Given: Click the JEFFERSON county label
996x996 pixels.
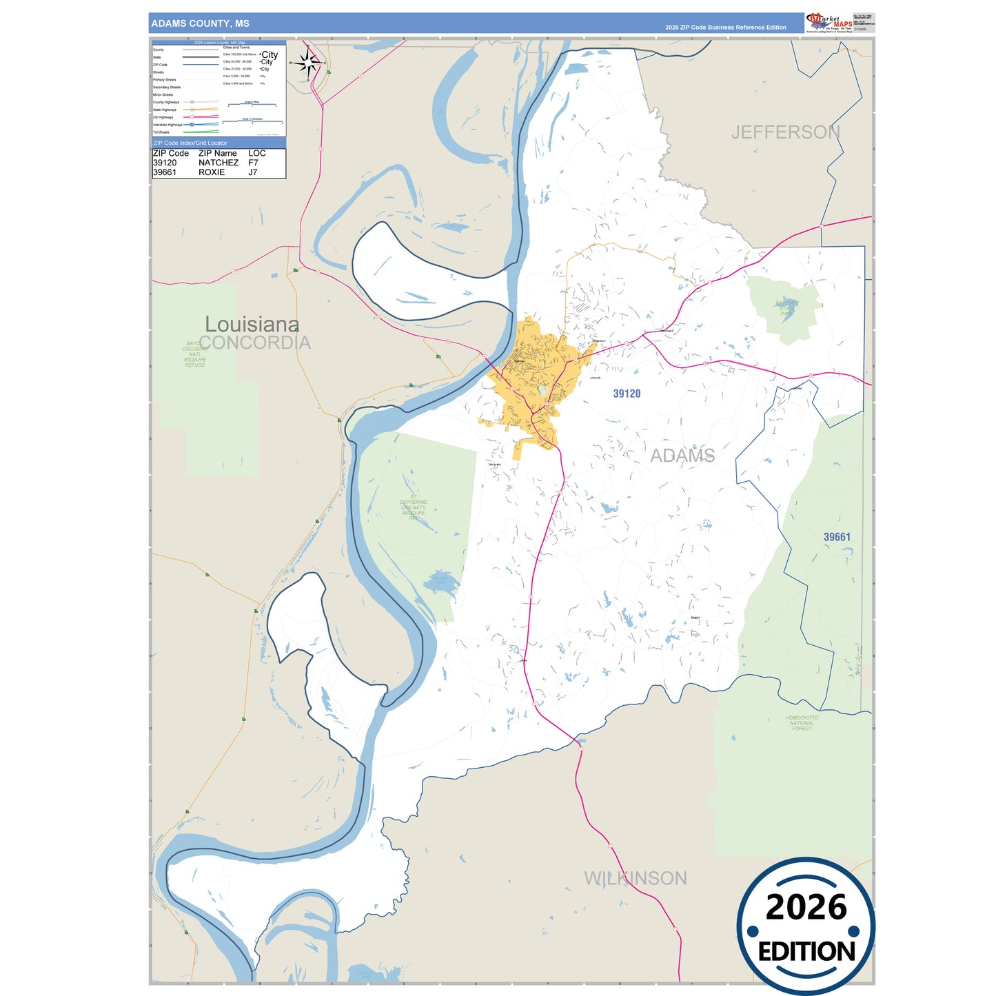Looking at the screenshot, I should click(785, 132).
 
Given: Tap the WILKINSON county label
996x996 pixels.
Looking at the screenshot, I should click(636, 878).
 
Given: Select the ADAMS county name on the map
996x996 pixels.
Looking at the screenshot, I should click(682, 456).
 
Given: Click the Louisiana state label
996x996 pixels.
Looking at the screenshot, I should click(252, 324).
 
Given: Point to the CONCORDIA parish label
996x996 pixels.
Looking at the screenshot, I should click(255, 343).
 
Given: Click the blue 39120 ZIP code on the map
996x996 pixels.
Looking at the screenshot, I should click(627, 394).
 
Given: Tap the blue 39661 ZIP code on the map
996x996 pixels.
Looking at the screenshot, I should click(837, 537).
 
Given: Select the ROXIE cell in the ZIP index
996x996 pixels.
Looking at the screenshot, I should click(212, 172).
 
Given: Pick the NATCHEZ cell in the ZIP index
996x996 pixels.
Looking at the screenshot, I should click(218, 163).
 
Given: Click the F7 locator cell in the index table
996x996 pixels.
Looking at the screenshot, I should click(253, 163).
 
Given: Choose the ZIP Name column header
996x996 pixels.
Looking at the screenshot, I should click(217, 153).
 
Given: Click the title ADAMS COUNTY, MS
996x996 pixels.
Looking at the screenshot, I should click(200, 23).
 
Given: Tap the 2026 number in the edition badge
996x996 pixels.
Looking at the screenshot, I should click(806, 907).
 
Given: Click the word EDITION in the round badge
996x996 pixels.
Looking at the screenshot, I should click(806, 952).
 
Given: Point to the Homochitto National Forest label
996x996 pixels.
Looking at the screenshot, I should click(802, 723).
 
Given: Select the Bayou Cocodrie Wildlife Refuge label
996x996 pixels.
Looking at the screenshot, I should click(194, 354).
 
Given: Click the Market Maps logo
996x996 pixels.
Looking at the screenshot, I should click(829, 23).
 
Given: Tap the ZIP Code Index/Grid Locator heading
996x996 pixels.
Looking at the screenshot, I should click(190, 143).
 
